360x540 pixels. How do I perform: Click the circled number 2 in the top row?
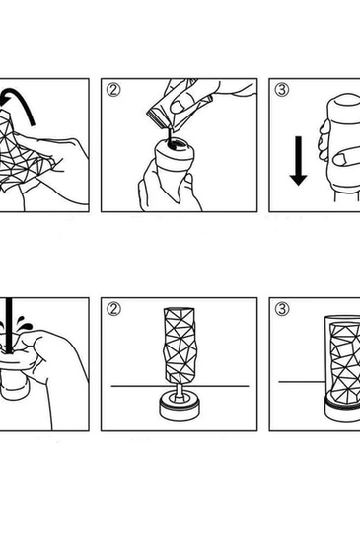point(114,90)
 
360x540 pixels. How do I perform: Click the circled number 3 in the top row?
point(283,90)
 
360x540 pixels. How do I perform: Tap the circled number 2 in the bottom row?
point(114,309)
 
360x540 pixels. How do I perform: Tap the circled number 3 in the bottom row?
point(283,309)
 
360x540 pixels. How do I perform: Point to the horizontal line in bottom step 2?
point(133,386)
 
